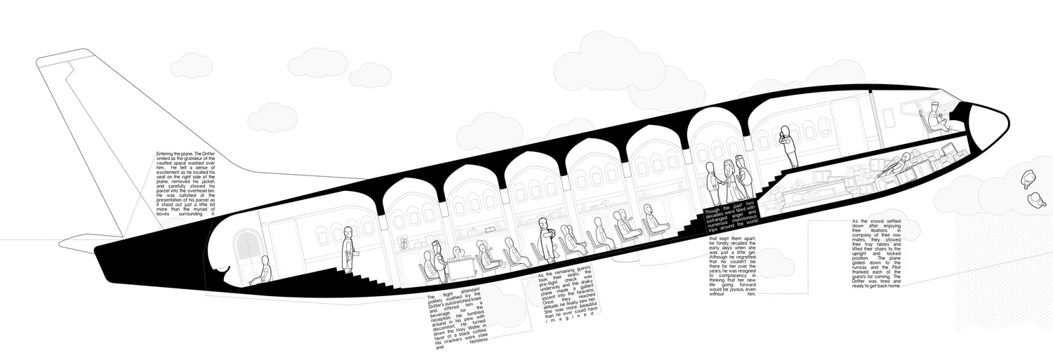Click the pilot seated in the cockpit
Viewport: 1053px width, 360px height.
[936, 115]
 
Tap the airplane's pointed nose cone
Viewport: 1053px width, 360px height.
[990, 121]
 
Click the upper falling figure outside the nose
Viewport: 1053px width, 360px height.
[1026, 180]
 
